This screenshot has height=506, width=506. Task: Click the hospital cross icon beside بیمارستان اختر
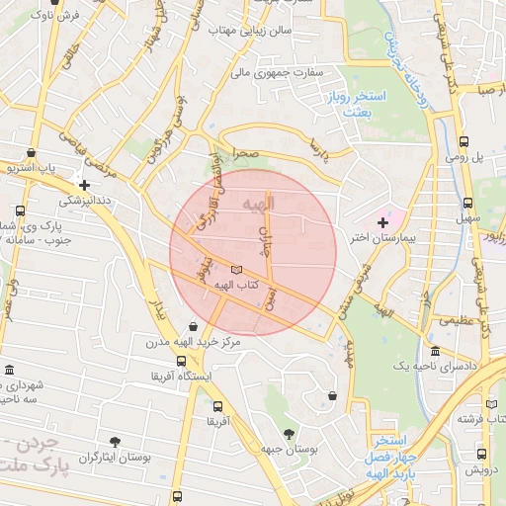point(383,223)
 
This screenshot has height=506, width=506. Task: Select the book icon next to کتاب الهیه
point(235,269)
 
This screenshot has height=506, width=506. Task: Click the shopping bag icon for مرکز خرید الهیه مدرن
point(193,326)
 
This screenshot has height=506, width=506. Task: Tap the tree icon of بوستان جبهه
point(289,433)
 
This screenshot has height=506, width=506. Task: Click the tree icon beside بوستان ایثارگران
point(117,441)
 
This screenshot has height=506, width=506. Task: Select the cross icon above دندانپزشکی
point(85,185)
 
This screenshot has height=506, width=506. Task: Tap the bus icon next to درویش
point(481,454)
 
